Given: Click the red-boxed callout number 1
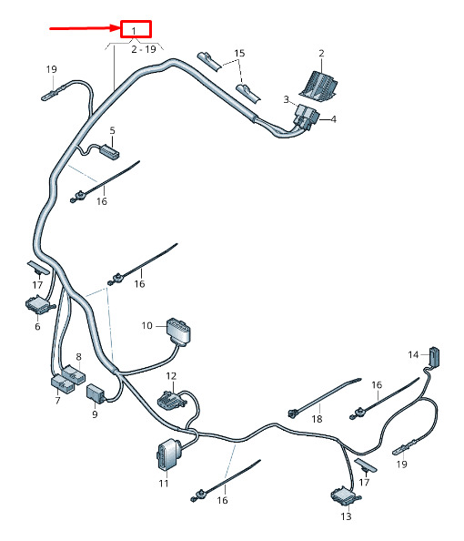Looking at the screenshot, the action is (x=134, y=31).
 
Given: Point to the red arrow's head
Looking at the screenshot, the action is (x=116, y=28).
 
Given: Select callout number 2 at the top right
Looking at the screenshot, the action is (x=321, y=53).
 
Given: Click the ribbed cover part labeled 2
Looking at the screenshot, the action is (x=318, y=87).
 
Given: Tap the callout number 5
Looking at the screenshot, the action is (x=113, y=131).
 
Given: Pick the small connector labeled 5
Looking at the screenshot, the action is (x=109, y=152).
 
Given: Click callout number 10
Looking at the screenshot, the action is (x=146, y=325).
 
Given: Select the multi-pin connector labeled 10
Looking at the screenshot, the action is (x=178, y=332).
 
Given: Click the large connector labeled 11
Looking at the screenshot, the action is (x=167, y=454).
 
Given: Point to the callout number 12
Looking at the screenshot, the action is (x=171, y=376).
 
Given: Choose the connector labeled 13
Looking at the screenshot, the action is (x=346, y=496).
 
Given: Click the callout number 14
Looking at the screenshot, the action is (x=413, y=354).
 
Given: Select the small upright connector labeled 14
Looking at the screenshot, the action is (x=434, y=356).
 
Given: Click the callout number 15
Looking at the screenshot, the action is (x=239, y=53).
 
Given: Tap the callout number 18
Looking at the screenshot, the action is (x=317, y=419).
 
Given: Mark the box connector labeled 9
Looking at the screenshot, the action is (x=96, y=393).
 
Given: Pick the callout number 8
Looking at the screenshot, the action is (x=78, y=357).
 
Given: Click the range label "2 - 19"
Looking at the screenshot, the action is (x=144, y=49).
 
